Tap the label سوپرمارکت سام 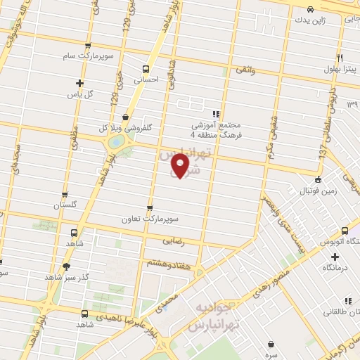tap(98, 55)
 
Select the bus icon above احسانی tap(146, 69)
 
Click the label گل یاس tap(80, 94)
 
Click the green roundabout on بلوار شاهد tap(114, 142)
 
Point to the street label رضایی tap(173, 240)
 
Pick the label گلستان tap(65, 205)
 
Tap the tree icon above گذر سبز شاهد tap(67, 266)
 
